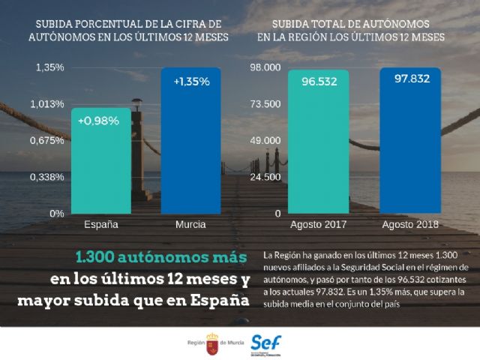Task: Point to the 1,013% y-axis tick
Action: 47,104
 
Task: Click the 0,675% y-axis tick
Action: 47,140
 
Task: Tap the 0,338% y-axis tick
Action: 47,177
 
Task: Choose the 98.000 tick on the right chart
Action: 265,67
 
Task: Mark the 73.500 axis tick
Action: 265,104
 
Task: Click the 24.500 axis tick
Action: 265,177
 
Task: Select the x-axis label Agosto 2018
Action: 411,224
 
